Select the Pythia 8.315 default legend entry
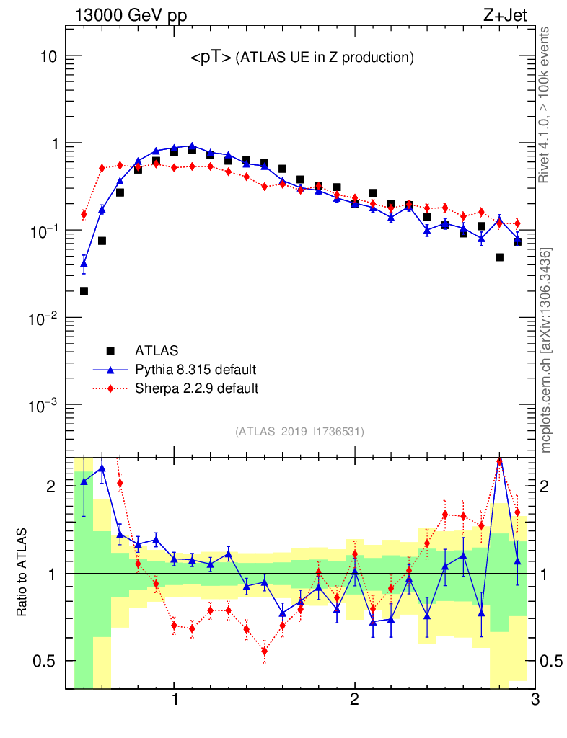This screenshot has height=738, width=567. point(195,370)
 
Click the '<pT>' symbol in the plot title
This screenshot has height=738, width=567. point(211,58)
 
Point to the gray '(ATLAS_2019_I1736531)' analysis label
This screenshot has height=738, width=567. point(299,432)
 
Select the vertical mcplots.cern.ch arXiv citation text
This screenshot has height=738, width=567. point(546,350)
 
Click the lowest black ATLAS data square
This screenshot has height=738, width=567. point(84,291)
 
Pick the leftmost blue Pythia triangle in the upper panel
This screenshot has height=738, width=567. point(84,264)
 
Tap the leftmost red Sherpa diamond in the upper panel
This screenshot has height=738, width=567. point(84,214)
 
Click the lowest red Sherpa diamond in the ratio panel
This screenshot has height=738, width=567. point(265,651)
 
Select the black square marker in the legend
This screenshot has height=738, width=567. point(111,351)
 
